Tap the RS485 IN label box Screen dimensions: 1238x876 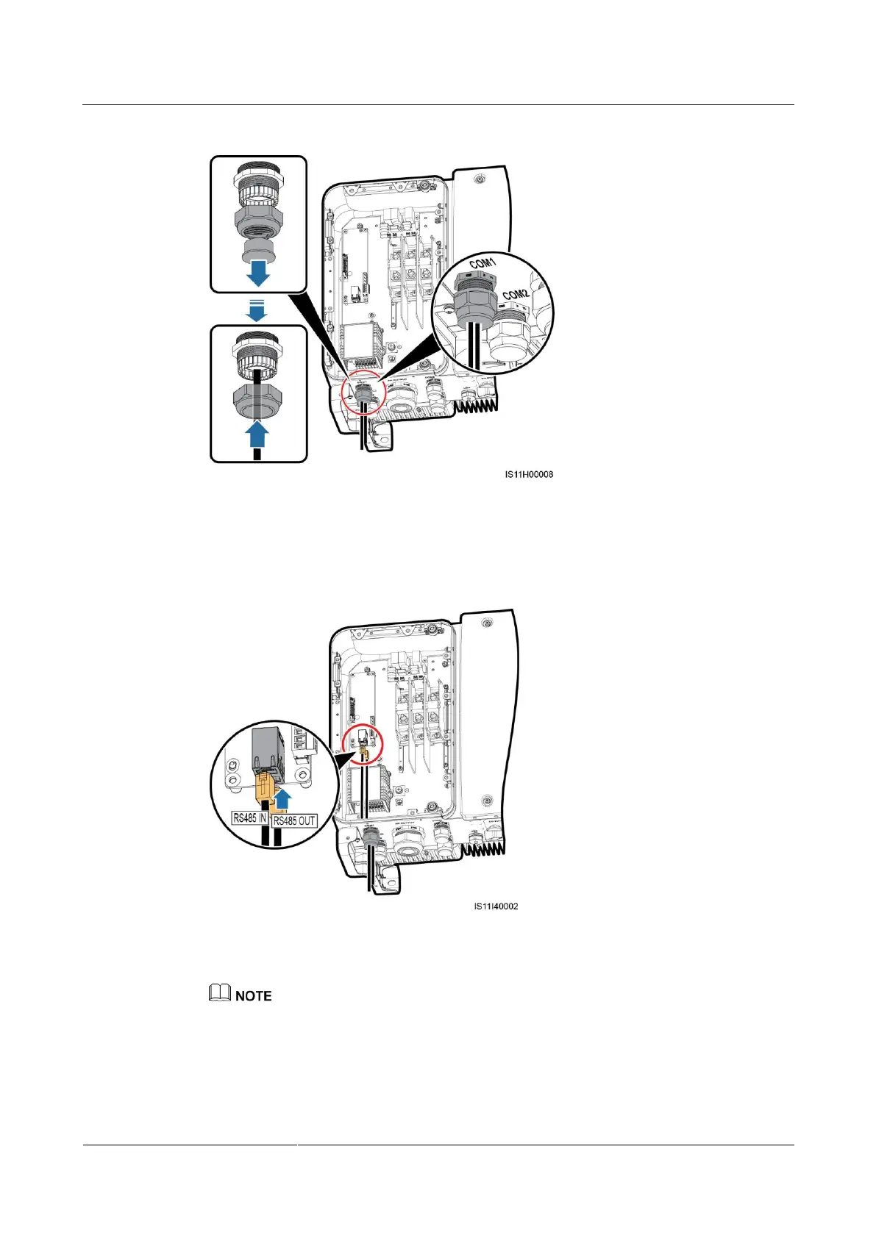point(249,817)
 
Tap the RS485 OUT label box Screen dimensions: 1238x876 point(294,820)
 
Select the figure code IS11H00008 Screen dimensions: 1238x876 point(529,475)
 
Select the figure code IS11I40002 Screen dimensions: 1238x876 point(496,906)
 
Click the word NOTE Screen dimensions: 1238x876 point(254,996)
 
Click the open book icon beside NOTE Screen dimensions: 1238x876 point(219,993)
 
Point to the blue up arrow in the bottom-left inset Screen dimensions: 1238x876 point(257,434)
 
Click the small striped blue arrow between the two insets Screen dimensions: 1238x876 point(256,309)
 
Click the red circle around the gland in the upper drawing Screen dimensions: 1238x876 point(363,395)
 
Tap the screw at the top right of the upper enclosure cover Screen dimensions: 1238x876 point(479,179)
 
